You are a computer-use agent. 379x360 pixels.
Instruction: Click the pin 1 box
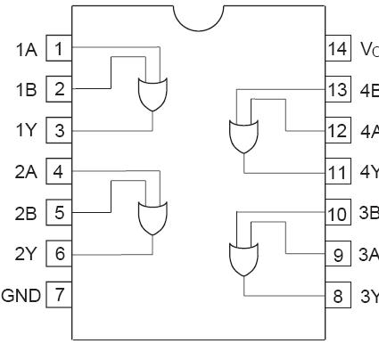[x=59, y=48]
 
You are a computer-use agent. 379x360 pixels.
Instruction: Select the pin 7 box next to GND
[x=59, y=294]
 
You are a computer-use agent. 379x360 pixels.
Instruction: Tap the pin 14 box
[x=336, y=48]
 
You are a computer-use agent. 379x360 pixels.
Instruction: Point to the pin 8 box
[x=336, y=294]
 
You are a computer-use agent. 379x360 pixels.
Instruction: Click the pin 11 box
[x=336, y=171]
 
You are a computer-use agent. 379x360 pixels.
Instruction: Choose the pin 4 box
[x=59, y=171]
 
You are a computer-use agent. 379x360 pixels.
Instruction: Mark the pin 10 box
[x=336, y=214]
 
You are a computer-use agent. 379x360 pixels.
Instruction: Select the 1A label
[x=26, y=49]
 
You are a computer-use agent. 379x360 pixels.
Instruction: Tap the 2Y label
[x=26, y=254]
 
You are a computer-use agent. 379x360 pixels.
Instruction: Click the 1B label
[x=26, y=90]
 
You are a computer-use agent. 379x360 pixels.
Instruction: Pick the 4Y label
[x=368, y=172]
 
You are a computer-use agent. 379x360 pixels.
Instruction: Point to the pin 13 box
[x=336, y=89]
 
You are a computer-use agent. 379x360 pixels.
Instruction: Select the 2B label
[x=26, y=213]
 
